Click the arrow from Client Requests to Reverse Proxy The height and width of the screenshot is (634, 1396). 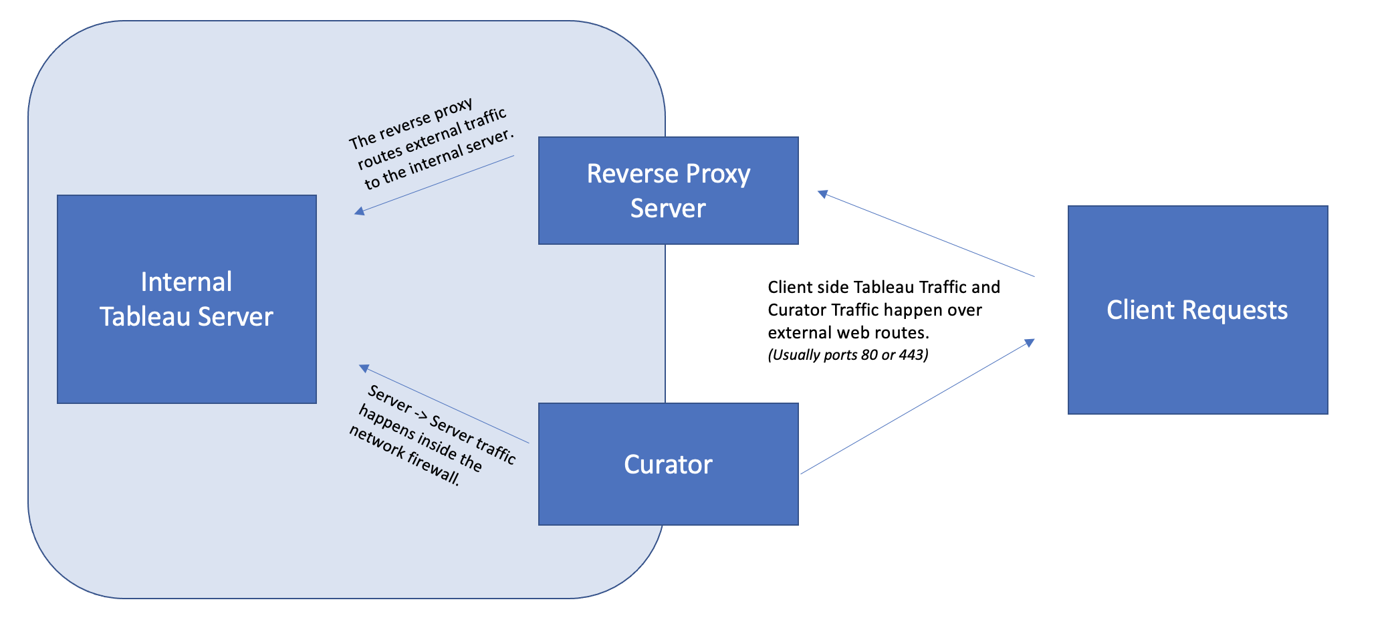(926, 235)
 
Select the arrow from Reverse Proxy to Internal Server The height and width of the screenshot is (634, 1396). (435, 185)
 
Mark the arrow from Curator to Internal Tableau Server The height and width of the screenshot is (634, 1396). (444, 405)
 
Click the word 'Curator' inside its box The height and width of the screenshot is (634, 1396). (669, 465)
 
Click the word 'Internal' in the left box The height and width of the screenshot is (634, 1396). (187, 282)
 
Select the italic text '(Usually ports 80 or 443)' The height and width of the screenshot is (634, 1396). (848, 355)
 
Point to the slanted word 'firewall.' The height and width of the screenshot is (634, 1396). (434, 469)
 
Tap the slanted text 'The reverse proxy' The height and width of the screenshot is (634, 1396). (411, 124)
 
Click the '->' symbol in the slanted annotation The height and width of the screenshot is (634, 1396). (421, 415)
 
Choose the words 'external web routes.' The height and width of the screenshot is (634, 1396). (848, 332)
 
